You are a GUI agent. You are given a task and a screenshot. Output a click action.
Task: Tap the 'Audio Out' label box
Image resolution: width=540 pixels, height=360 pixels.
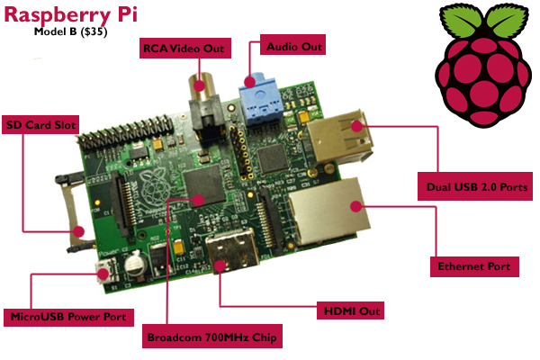click(292, 44)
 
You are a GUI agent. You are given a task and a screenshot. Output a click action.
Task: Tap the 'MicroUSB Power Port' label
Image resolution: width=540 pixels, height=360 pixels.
click(71, 316)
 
